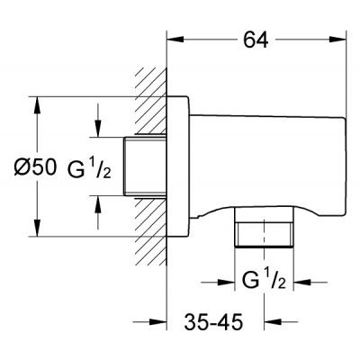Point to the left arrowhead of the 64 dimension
173,39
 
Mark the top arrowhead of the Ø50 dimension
36,101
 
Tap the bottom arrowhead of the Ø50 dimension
36,231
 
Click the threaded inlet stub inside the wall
143,166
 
